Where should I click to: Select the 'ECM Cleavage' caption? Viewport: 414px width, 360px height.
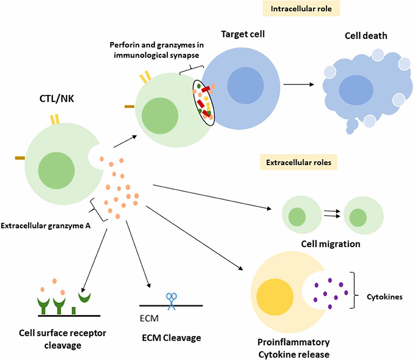point(171,338)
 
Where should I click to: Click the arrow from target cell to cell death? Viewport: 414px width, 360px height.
point(298,85)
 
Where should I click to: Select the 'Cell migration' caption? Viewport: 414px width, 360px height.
point(331,243)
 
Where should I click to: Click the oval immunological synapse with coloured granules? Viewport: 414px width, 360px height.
point(204,101)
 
